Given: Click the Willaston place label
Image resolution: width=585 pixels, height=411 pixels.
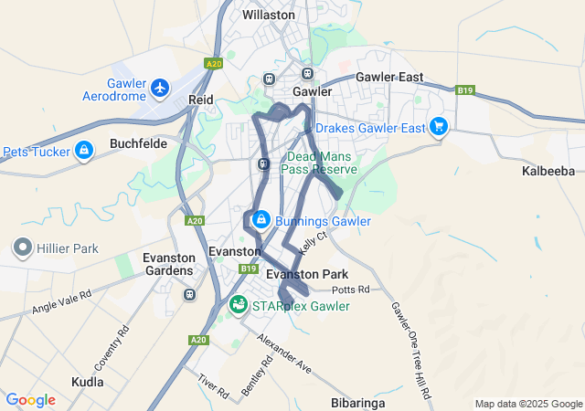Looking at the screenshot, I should (x=268, y=15).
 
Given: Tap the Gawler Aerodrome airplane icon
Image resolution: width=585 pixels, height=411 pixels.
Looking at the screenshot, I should (x=161, y=88).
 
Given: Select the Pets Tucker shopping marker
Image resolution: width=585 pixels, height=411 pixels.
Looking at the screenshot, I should (x=84, y=150).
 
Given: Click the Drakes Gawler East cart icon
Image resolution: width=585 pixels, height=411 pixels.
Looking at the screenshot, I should (x=440, y=127).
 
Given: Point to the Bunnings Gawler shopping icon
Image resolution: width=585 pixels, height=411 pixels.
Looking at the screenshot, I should (x=261, y=220).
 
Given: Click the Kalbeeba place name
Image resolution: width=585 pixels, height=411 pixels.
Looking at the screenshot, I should (x=548, y=171).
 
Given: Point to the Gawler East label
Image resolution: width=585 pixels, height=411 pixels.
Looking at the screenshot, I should (x=389, y=77).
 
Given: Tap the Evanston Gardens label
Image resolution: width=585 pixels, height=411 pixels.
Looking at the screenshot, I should (x=168, y=264).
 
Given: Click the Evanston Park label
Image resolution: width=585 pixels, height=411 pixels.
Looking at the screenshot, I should (x=307, y=274).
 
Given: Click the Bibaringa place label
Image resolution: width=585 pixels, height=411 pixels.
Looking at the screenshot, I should (x=357, y=402).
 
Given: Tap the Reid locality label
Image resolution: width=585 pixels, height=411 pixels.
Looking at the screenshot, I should (x=200, y=99).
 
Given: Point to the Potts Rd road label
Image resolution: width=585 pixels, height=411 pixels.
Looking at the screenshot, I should (x=350, y=290).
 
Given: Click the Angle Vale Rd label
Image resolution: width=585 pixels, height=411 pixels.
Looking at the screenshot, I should (x=62, y=303).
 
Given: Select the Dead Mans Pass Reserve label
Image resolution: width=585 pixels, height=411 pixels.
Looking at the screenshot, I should (x=322, y=163).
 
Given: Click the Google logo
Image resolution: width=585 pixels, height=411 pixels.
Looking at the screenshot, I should (x=30, y=400).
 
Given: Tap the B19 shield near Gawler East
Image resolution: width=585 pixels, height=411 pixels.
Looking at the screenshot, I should (x=466, y=90).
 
